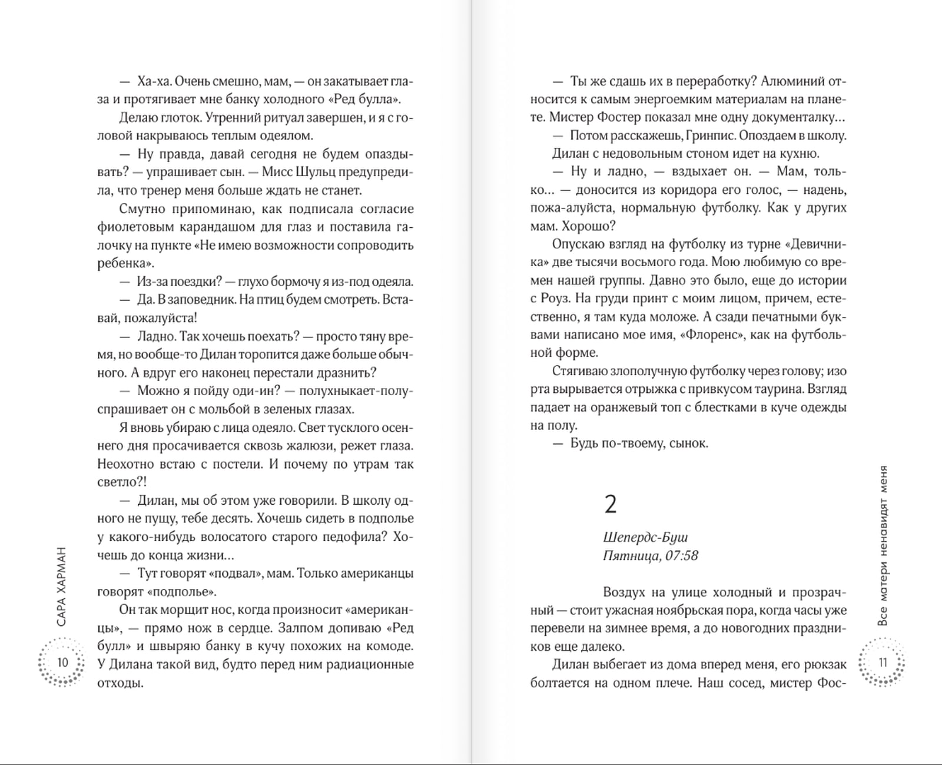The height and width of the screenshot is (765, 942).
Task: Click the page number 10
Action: click(x=62, y=662)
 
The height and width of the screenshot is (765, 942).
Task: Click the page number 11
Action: click(x=883, y=662)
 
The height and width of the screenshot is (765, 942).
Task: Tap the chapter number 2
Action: click(x=611, y=505)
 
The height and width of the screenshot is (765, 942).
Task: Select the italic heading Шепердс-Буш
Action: click(x=645, y=537)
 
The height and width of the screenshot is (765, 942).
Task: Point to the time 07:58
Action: click(x=682, y=555)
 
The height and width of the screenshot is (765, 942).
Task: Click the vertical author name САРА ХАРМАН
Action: click(x=62, y=587)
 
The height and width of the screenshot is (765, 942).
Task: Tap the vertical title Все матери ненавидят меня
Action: click(x=882, y=545)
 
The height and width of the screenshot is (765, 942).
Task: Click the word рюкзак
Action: click(x=824, y=664)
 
